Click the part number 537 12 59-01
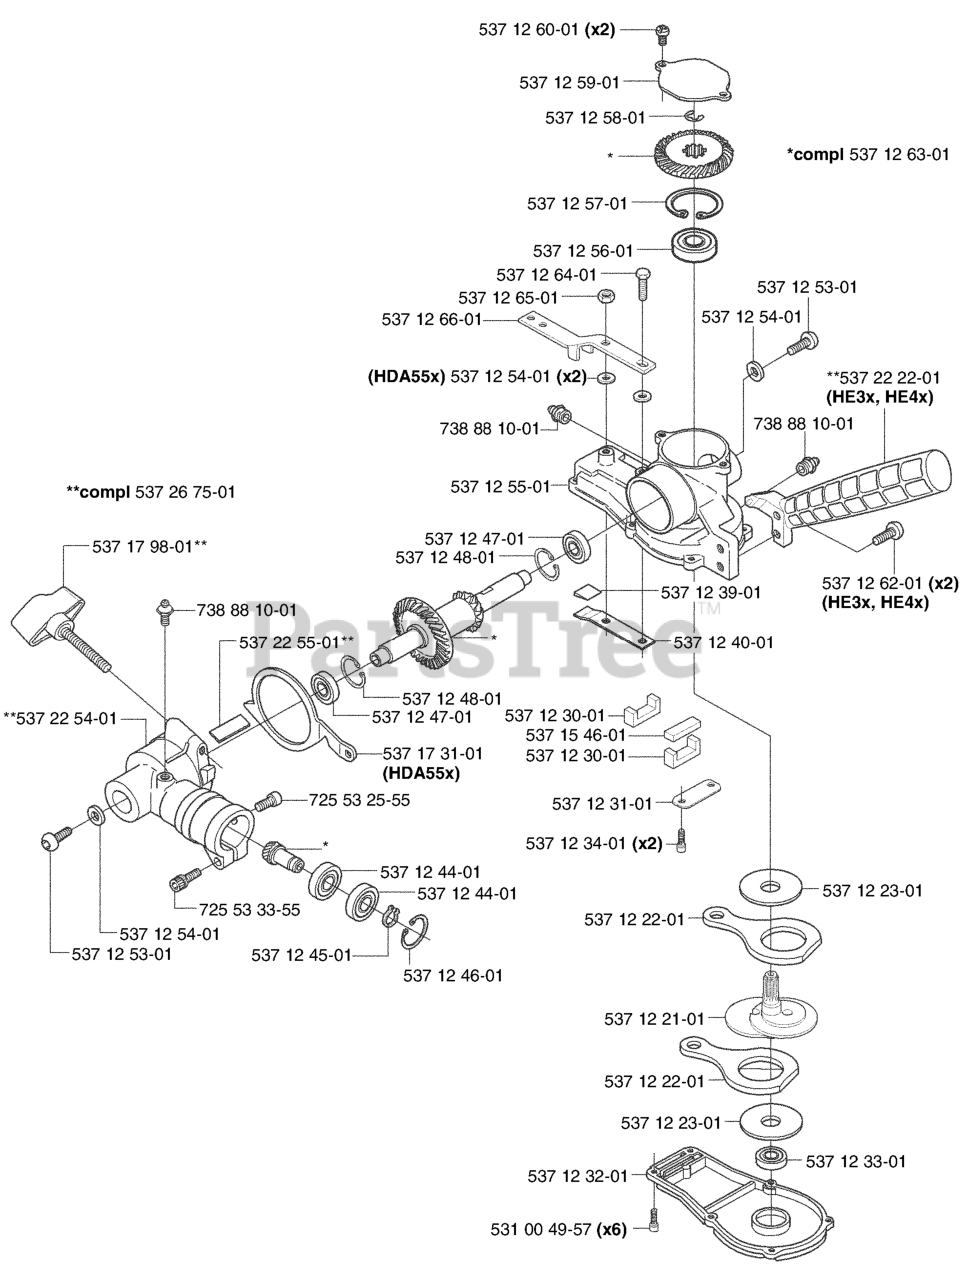(569, 83)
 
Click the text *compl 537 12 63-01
(868, 155)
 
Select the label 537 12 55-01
(500, 486)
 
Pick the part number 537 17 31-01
(433, 753)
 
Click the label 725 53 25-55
(359, 800)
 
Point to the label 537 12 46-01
(453, 975)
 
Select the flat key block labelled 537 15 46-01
(682, 727)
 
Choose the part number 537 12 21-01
(654, 1019)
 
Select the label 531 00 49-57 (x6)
(559, 1230)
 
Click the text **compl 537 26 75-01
(151, 492)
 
